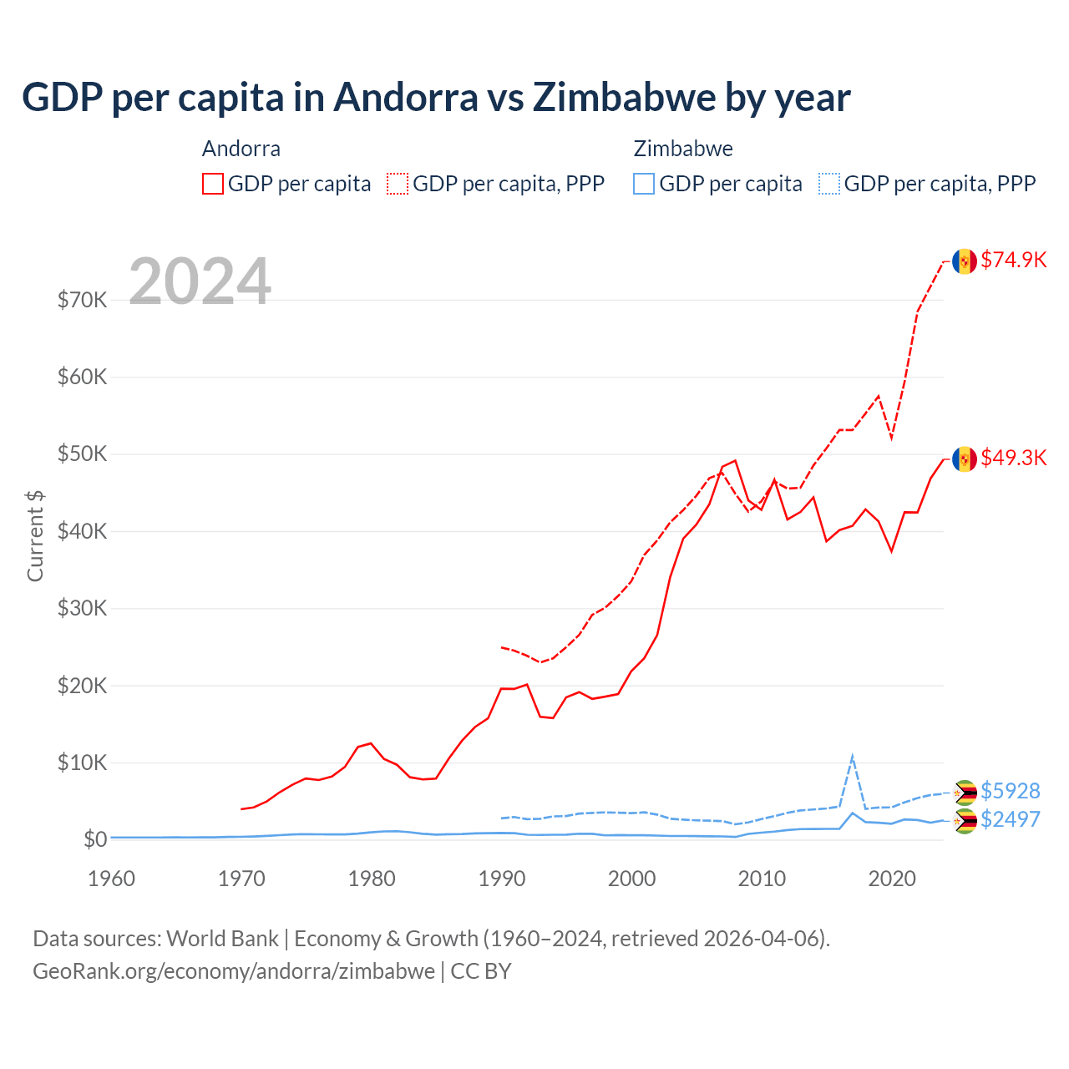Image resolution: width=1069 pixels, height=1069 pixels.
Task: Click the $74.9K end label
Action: coord(1013,260)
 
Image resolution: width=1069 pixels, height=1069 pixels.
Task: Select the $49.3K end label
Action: coord(1013,458)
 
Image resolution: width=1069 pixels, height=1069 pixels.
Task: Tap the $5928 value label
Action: coord(1010,790)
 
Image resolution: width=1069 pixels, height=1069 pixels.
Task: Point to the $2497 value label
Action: coord(1010,818)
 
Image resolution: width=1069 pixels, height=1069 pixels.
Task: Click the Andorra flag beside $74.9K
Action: coord(965,261)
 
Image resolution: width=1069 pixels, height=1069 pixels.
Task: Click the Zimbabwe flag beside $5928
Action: coord(965,793)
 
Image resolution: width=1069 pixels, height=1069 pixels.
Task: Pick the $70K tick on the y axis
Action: coord(82,300)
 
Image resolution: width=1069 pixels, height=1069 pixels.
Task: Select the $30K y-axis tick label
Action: coord(82,608)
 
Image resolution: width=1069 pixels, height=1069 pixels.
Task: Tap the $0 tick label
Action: coord(95,838)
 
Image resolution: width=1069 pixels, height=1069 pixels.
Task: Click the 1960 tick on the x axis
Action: coord(111,879)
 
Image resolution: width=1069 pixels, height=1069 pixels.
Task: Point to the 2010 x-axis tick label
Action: coord(762,879)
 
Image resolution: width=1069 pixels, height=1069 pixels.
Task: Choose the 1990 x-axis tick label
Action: coord(502,879)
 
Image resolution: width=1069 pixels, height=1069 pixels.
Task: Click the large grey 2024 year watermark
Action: coord(200,281)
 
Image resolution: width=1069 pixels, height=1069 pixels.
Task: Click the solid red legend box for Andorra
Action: coord(213,184)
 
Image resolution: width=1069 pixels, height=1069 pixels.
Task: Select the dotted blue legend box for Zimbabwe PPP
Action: coord(829,184)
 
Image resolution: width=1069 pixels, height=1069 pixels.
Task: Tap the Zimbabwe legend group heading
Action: coord(683,149)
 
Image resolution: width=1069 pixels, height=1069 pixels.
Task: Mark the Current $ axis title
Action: coord(35,536)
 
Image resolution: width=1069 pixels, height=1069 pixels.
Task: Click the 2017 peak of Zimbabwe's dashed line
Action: coord(852,757)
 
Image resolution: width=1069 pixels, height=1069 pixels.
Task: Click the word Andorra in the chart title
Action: coord(405,97)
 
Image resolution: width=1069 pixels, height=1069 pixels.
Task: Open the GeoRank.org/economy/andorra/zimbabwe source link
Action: coord(234,971)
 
